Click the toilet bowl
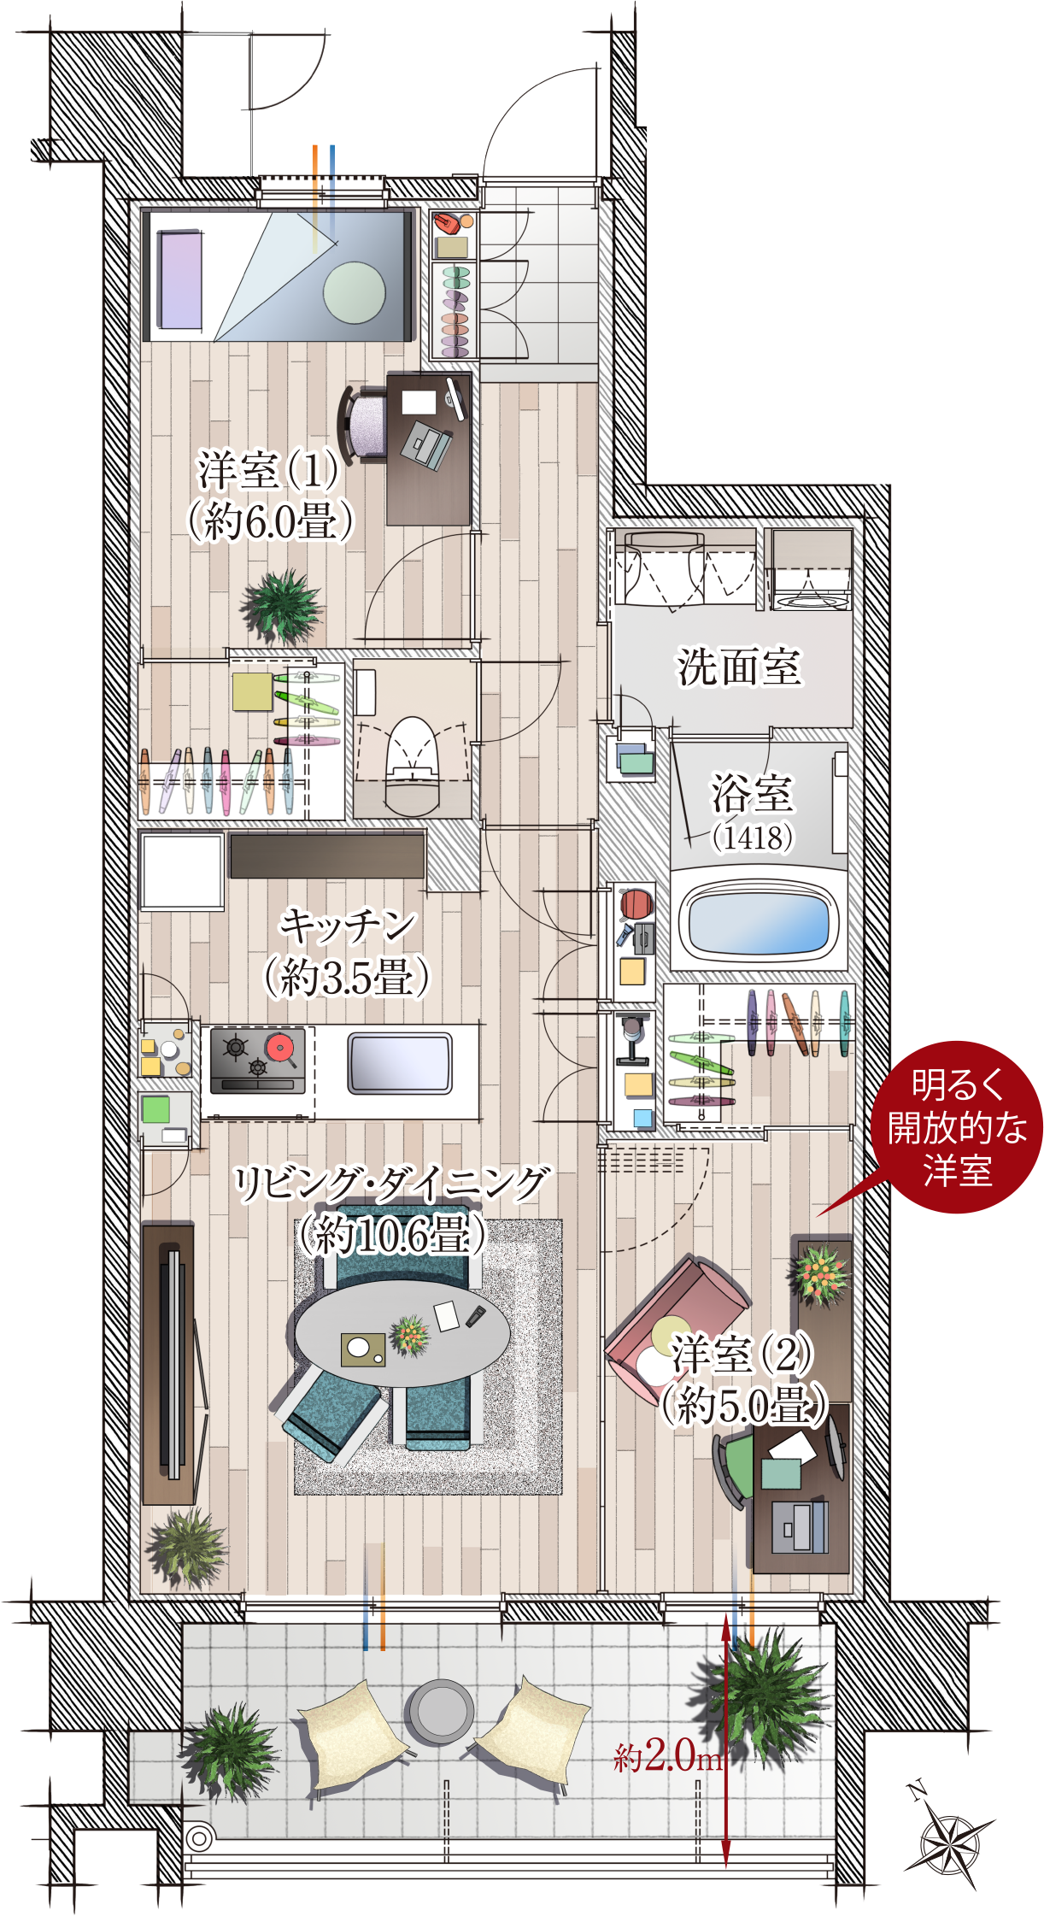point(413,763)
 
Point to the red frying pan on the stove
point(281,1048)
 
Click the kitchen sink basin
point(400,1063)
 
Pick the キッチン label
point(349,926)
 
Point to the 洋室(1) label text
point(267,469)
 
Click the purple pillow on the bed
point(180,279)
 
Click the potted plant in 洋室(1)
point(281,604)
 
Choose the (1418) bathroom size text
point(753,838)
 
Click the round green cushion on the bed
point(355,292)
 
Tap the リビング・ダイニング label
point(392,1184)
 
